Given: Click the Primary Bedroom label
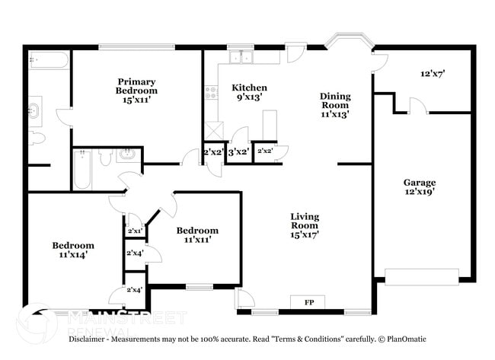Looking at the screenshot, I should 136,91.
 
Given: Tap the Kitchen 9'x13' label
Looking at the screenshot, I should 249,93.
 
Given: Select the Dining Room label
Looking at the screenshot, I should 334,105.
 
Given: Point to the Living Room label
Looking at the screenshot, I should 305,226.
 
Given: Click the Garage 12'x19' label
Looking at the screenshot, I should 420,187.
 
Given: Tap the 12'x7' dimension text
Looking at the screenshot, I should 433,75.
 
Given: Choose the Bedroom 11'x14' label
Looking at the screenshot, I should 73,250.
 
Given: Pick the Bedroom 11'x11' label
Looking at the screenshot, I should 197,235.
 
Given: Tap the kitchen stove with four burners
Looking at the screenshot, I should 211,94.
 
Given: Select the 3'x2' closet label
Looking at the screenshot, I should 238,151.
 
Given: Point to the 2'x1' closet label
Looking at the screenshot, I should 135,231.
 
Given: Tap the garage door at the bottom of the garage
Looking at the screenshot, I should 422,276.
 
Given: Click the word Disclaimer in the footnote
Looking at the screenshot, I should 91,338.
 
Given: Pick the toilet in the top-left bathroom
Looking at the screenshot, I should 37,138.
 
